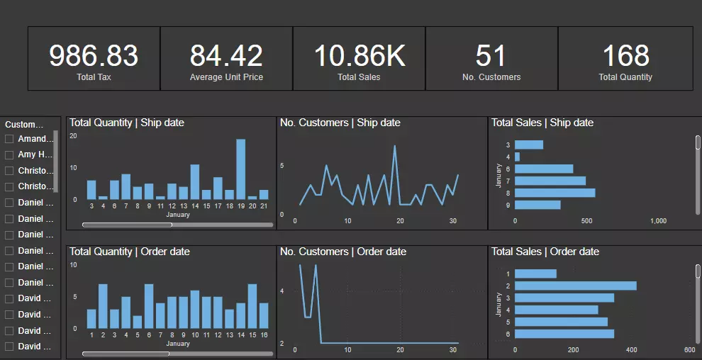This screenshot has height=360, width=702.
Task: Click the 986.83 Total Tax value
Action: pyautogui.click(x=94, y=56)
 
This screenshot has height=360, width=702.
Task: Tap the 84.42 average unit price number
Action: pyautogui.click(x=226, y=56)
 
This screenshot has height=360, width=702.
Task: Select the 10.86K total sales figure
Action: pyautogui.click(x=360, y=56)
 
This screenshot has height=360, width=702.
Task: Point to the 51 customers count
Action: pyautogui.click(x=491, y=56)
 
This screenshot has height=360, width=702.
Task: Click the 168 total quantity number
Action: pyautogui.click(x=625, y=56)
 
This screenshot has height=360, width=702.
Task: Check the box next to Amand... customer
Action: pyautogui.click(x=9, y=139)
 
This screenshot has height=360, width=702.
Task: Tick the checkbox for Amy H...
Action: pyautogui.click(x=9, y=154)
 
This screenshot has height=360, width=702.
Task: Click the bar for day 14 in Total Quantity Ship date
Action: pyautogui.click(x=195, y=182)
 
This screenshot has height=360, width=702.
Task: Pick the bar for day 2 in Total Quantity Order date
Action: pyautogui.click(x=103, y=306)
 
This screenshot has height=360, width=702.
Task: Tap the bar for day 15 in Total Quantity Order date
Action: pyautogui.click(x=252, y=306)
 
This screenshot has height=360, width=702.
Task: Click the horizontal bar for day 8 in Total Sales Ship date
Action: pyautogui.click(x=555, y=193)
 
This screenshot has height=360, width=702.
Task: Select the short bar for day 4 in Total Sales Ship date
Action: pyautogui.click(x=518, y=157)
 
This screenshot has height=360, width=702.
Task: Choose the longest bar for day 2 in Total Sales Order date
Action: pyautogui.click(x=575, y=286)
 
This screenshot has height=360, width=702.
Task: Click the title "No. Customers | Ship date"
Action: pyautogui.click(x=340, y=123)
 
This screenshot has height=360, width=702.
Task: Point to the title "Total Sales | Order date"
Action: pyautogui.click(x=545, y=252)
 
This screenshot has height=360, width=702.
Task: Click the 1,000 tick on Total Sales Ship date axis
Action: pyautogui.click(x=658, y=221)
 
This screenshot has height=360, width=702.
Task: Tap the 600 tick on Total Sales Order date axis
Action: pyautogui.click(x=689, y=350)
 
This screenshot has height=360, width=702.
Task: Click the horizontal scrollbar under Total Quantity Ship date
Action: pyautogui.click(x=128, y=225)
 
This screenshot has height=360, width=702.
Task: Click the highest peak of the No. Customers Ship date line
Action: pyautogui.click(x=394, y=147)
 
